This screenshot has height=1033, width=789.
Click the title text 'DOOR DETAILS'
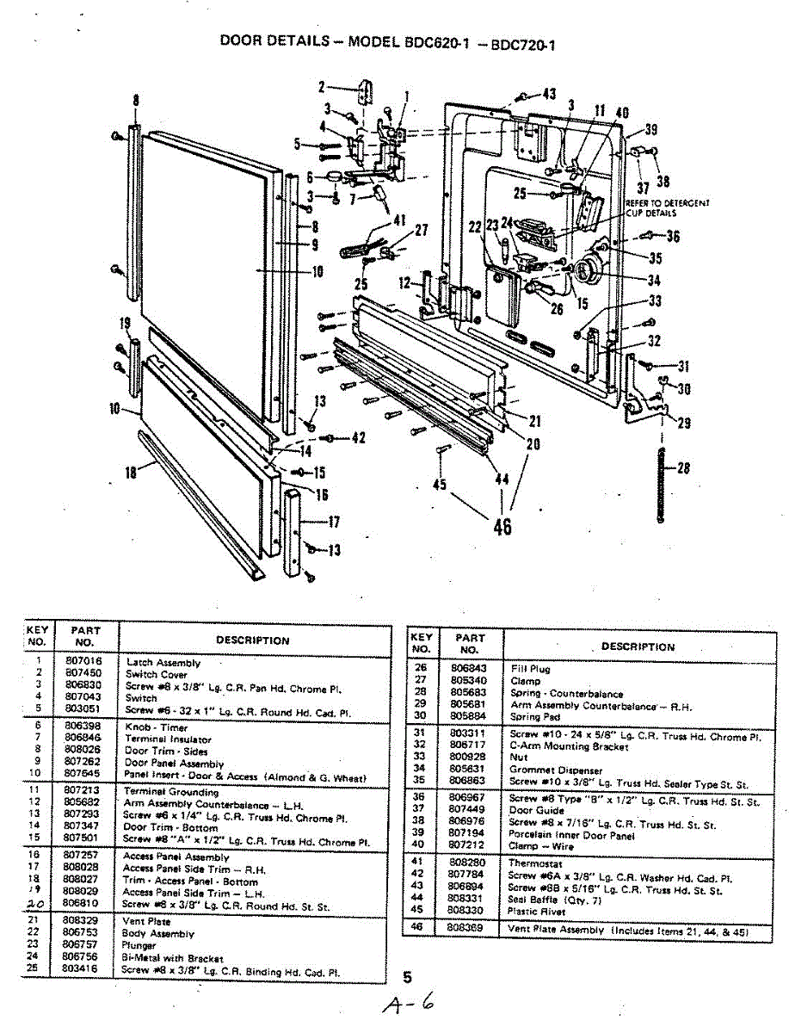point(274,40)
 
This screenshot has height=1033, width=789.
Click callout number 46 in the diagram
point(502,524)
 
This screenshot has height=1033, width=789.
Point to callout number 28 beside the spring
point(684,469)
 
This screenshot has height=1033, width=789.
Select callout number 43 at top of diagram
point(548,94)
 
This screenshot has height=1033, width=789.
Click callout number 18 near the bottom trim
point(132,471)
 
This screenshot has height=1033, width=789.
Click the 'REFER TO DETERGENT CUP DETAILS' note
point(668,207)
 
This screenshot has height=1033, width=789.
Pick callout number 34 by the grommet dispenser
point(654,280)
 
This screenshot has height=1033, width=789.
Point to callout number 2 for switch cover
point(321,86)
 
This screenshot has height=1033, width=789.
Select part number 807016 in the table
point(83,662)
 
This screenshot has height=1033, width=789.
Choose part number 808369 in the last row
point(469,929)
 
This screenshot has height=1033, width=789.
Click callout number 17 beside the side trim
point(333,521)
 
